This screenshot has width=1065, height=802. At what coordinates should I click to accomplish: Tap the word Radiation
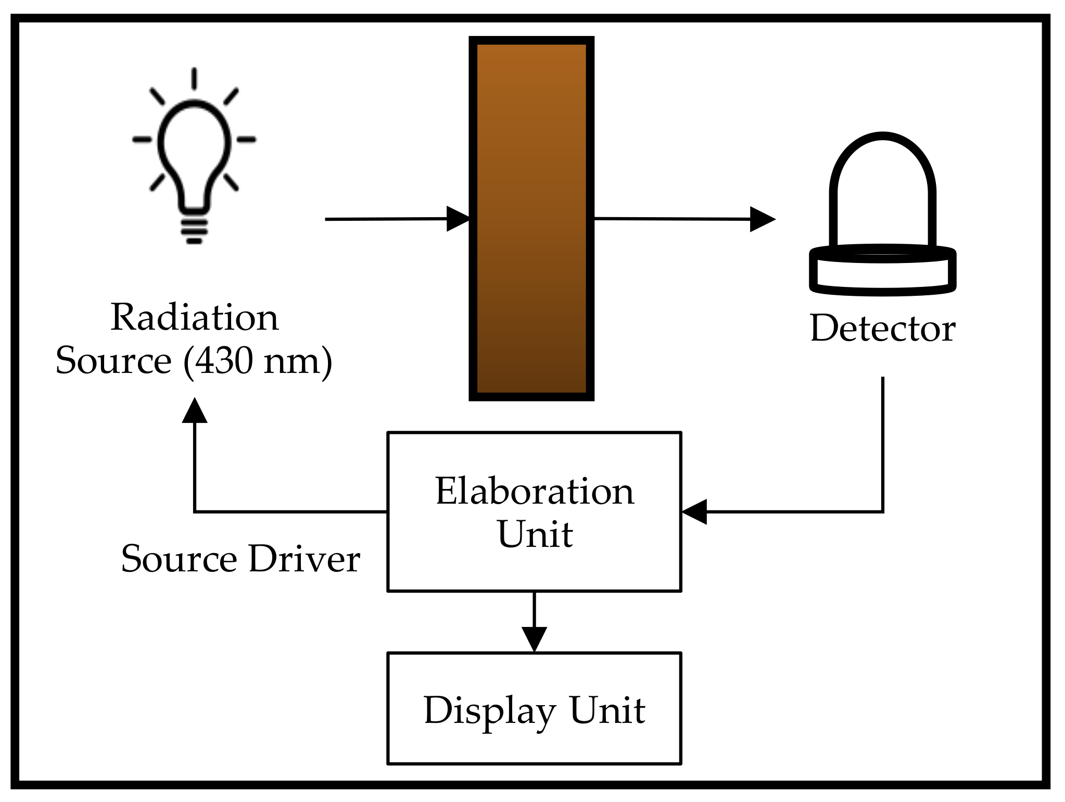click(x=194, y=317)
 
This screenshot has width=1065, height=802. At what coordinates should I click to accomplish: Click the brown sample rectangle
click(x=531, y=219)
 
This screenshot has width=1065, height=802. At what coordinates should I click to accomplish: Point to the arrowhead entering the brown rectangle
click(x=458, y=219)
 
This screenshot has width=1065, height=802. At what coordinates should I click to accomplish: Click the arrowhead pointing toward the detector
click(x=762, y=219)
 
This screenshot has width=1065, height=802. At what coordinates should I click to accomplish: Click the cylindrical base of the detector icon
click(x=882, y=271)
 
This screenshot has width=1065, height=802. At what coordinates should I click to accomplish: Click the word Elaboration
click(x=535, y=491)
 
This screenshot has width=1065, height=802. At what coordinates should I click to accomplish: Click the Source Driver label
click(x=240, y=558)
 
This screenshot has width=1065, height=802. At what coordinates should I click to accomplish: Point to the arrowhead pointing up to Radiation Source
click(x=195, y=411)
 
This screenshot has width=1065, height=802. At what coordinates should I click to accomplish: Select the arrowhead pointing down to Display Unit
click(x=534, y=638)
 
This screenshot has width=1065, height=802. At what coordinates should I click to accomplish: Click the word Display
click(x=489, y=710)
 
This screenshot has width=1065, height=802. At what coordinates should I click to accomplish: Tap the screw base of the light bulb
click(x=194, y=227)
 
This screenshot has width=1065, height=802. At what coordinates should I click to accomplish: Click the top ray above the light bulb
click(x=194, y=79)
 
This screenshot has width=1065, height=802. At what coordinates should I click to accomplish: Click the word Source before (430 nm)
click(x=113, y=360)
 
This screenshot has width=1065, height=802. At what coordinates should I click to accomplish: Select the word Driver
click(x=304, y=558)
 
